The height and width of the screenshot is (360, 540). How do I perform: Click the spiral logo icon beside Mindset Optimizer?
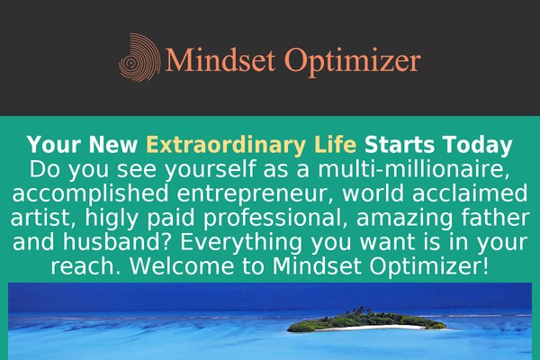pos(139,58)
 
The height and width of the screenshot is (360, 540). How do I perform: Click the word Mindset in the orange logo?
pos(220,58)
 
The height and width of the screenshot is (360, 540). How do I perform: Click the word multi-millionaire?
pos(413,169)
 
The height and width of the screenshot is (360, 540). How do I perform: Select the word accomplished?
pos(90,194)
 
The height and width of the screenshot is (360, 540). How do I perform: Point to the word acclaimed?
pos(470,193)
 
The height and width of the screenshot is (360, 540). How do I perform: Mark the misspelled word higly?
pos(112,219)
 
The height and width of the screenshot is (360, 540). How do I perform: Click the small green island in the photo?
pos(366,319)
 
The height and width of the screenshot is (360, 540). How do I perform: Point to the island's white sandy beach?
pos(372,328)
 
